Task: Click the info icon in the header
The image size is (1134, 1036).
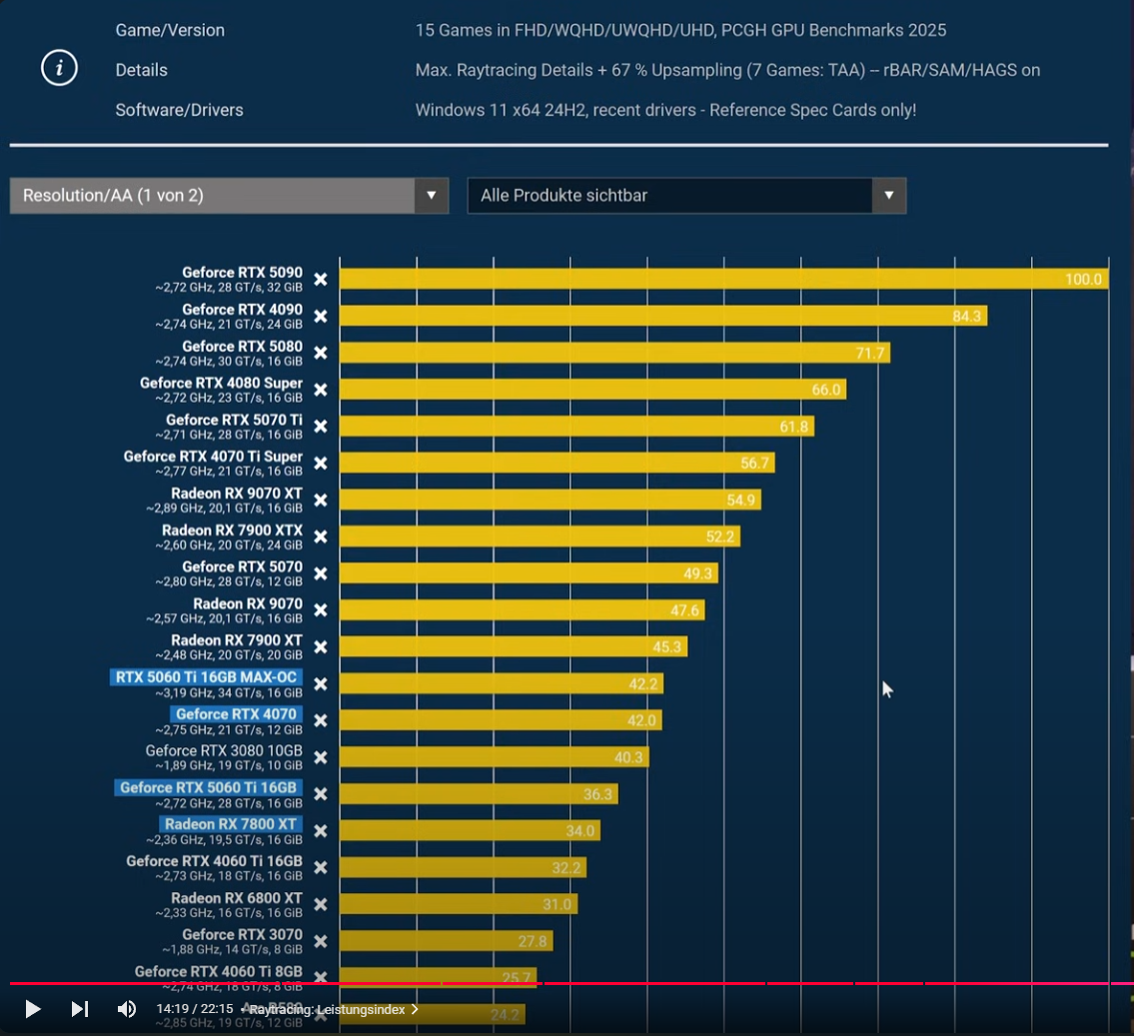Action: tap(60, 68)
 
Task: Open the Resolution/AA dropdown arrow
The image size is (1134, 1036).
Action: tap(431, 196)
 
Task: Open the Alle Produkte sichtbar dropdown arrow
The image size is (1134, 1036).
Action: tap(888, 196)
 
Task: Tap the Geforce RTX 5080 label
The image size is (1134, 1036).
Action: tap(242, 346)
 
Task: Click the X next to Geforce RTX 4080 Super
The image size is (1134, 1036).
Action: tap(321, 390)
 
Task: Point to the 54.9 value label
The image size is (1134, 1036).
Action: tap(742, 500)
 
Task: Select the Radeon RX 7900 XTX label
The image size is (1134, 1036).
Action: tap(232, 529)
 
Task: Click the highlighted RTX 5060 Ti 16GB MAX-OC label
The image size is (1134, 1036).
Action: tap(207, 677)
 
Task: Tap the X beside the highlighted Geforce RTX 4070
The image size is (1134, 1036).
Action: tap(321, 720)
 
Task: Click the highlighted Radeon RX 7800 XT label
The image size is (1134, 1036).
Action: tap(231, 824)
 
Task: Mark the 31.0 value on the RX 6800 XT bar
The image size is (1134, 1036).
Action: tap(558, 905)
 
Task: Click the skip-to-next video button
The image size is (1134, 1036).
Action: tap(80, 1009)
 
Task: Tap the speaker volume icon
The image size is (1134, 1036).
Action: tap(127, 1009)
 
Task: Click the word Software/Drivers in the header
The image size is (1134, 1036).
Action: tap(179, 110)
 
